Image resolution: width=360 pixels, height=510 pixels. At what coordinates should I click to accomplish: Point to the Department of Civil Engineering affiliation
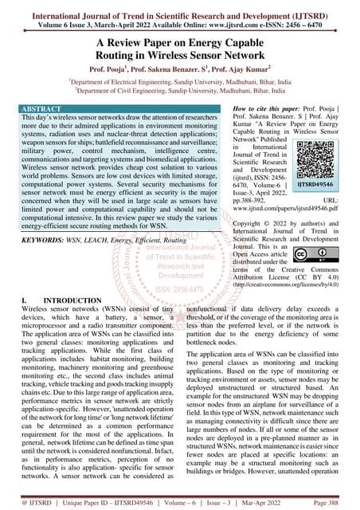coord(179,92)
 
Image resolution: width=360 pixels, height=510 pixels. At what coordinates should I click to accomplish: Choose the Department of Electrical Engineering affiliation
coord(180,81)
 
